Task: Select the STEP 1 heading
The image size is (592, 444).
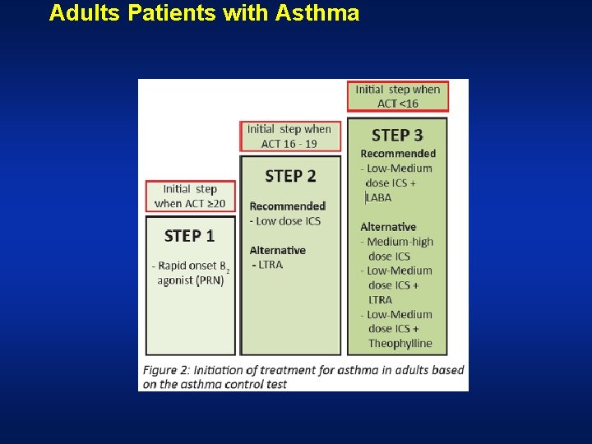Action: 189,236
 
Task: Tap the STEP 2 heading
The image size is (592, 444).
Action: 290,176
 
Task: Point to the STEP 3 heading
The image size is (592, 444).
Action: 397,135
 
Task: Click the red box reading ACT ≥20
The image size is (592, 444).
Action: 190,197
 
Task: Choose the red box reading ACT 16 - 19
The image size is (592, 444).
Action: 289,136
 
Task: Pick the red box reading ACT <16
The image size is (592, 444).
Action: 398,96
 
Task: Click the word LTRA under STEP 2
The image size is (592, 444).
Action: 271,265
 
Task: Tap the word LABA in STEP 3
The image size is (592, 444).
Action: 380,197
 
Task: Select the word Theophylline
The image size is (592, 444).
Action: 400,344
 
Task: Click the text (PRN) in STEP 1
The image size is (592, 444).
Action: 208,280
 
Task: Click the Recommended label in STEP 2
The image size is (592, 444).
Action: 287,206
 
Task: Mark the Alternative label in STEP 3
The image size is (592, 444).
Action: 388,227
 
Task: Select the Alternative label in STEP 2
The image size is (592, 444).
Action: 277,250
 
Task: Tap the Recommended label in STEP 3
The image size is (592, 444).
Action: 398,154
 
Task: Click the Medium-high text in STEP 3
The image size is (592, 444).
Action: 400,242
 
